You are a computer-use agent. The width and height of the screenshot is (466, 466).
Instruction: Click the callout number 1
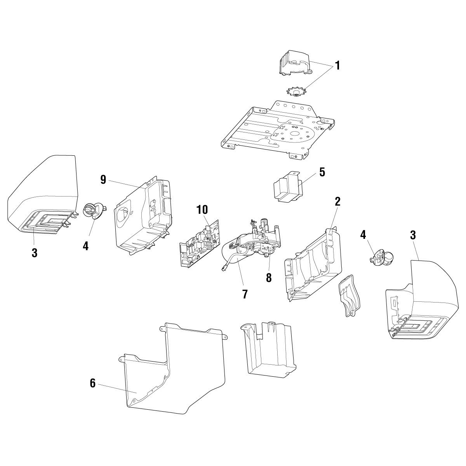tap(337, 66)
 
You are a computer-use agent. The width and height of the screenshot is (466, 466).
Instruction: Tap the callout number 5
tap(322, 172)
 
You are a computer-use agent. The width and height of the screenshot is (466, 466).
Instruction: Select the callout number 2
tap(337, 201)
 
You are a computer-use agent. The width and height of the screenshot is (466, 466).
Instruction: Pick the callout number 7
tap(245, 294)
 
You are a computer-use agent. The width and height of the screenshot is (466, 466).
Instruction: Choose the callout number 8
tap(269, 278)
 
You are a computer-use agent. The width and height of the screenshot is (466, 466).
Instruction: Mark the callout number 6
tap(92, 383)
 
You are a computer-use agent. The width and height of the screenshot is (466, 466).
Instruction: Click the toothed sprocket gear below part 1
tap(296, 92)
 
